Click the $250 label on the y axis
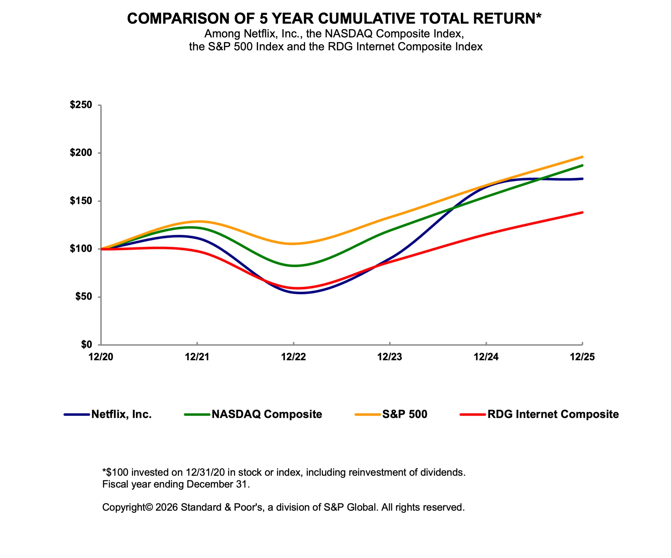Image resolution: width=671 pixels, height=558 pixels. (81, 105)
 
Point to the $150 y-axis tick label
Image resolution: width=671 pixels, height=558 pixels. (81, 201)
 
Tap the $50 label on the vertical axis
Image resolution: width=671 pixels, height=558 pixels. (84, 297)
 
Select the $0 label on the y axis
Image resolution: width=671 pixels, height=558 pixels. (86, 344)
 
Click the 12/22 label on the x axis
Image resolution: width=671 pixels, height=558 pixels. (293, 357)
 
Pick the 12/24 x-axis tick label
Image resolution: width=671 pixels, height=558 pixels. (486, 357)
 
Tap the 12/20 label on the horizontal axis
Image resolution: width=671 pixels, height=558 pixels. (101, 357)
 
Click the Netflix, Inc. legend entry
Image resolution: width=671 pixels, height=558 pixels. (121, 415)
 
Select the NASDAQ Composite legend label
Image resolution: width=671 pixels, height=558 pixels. (267, 415)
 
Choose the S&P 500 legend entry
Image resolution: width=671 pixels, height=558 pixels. (404, 415)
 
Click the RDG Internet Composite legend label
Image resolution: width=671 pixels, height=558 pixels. (553, 415)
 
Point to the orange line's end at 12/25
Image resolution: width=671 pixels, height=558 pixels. (582, 157)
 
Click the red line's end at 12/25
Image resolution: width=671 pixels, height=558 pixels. (582, 212)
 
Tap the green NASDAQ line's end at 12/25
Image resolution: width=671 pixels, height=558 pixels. (582, 165)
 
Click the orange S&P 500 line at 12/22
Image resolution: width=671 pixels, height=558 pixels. (293, 244)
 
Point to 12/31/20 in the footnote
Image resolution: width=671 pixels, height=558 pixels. (205, 472)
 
